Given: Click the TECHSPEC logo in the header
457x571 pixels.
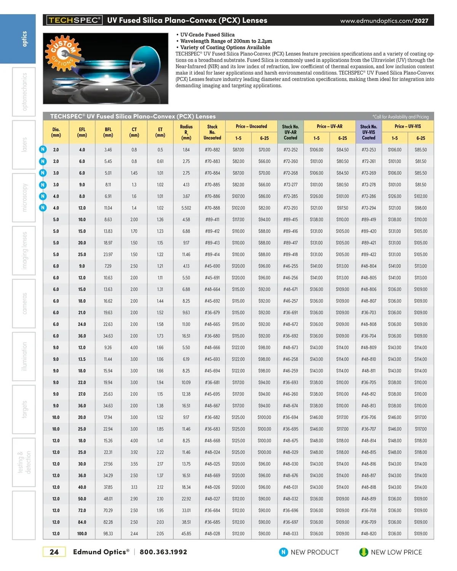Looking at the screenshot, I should pyautogui.click(x=74, y=20).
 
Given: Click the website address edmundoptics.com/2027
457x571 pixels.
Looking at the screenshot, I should pyautogui.click(x=384, y=21).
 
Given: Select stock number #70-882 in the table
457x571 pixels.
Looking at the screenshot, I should pyautogui.click(x=212, y=150).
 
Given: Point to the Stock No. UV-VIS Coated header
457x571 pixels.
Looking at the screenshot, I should pyautogui.click(x=368, y=132).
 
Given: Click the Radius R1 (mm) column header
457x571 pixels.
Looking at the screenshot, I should pyautogui.click(x=186, y=132).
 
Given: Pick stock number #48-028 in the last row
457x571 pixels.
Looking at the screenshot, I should pyautogui.click(x=212, y=534).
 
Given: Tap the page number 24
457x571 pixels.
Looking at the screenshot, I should pyautogui.click(x=54, y=552).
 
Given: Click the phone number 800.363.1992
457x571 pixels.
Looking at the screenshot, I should pyautogui.click(x=163, y=552).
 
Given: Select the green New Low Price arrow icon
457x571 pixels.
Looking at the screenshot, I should pyautogui.click(x=364, y=552).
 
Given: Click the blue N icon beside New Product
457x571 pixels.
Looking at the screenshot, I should pyautogui.click(x=283, y=552).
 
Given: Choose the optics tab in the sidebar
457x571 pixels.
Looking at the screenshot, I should pyautogui.click(x=24, y=39).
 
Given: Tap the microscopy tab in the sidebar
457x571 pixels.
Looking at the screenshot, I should pyautogui.click(x=24, y=198).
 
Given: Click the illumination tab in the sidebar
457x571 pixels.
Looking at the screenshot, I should pyautogui.click(x=24, y=357).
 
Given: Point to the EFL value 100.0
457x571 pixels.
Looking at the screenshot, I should pyautogui.click(x=82, y=534).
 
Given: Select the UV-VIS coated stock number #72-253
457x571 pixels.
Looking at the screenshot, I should pyautogui.click(x=368, y=150).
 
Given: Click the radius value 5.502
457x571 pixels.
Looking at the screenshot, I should pyautogui.click(x=186, y=208).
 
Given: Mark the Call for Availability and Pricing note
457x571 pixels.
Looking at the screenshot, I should pyautogui.click(x=400, y=117).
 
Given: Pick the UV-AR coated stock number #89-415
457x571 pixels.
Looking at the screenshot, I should pyautogui.click(x=290, y=220).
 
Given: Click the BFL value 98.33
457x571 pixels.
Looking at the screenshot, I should pyautogui.click(x=108, y=534).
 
